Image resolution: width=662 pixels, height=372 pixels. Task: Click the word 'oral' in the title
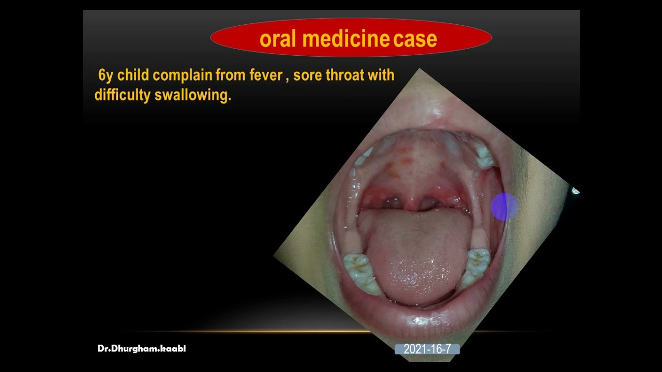click(x=278, y=39)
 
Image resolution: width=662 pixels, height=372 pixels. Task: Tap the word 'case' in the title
click(x=415, y=39)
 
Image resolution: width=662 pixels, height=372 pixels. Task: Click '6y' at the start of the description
click(x=106, y=75)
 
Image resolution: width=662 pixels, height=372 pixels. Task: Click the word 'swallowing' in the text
click(x=192, y=96)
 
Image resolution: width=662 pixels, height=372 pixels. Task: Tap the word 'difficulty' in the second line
click(x=122, y=96)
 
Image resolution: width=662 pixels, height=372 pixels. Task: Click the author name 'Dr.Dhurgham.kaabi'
click(x=142, y=349)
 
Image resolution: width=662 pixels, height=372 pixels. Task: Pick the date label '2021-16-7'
click(x=427, y=349)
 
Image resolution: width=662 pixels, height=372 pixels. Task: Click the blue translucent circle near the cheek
click(x=504, y=207)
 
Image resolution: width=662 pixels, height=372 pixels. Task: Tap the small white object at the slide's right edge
click(x=576, y=191)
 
